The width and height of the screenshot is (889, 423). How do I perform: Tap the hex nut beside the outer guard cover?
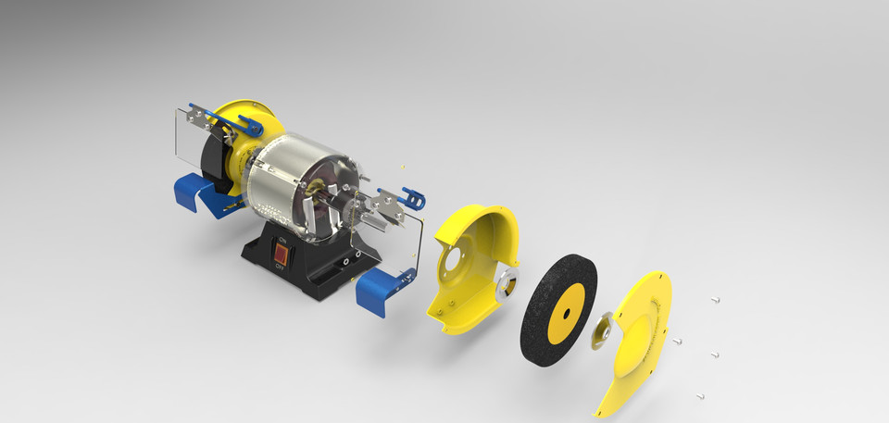[603, 328]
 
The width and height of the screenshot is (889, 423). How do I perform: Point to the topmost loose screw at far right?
[716, 299]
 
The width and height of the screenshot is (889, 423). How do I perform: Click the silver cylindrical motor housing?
[287, 180]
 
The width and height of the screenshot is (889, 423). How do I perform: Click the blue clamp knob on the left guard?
[248, 121]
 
